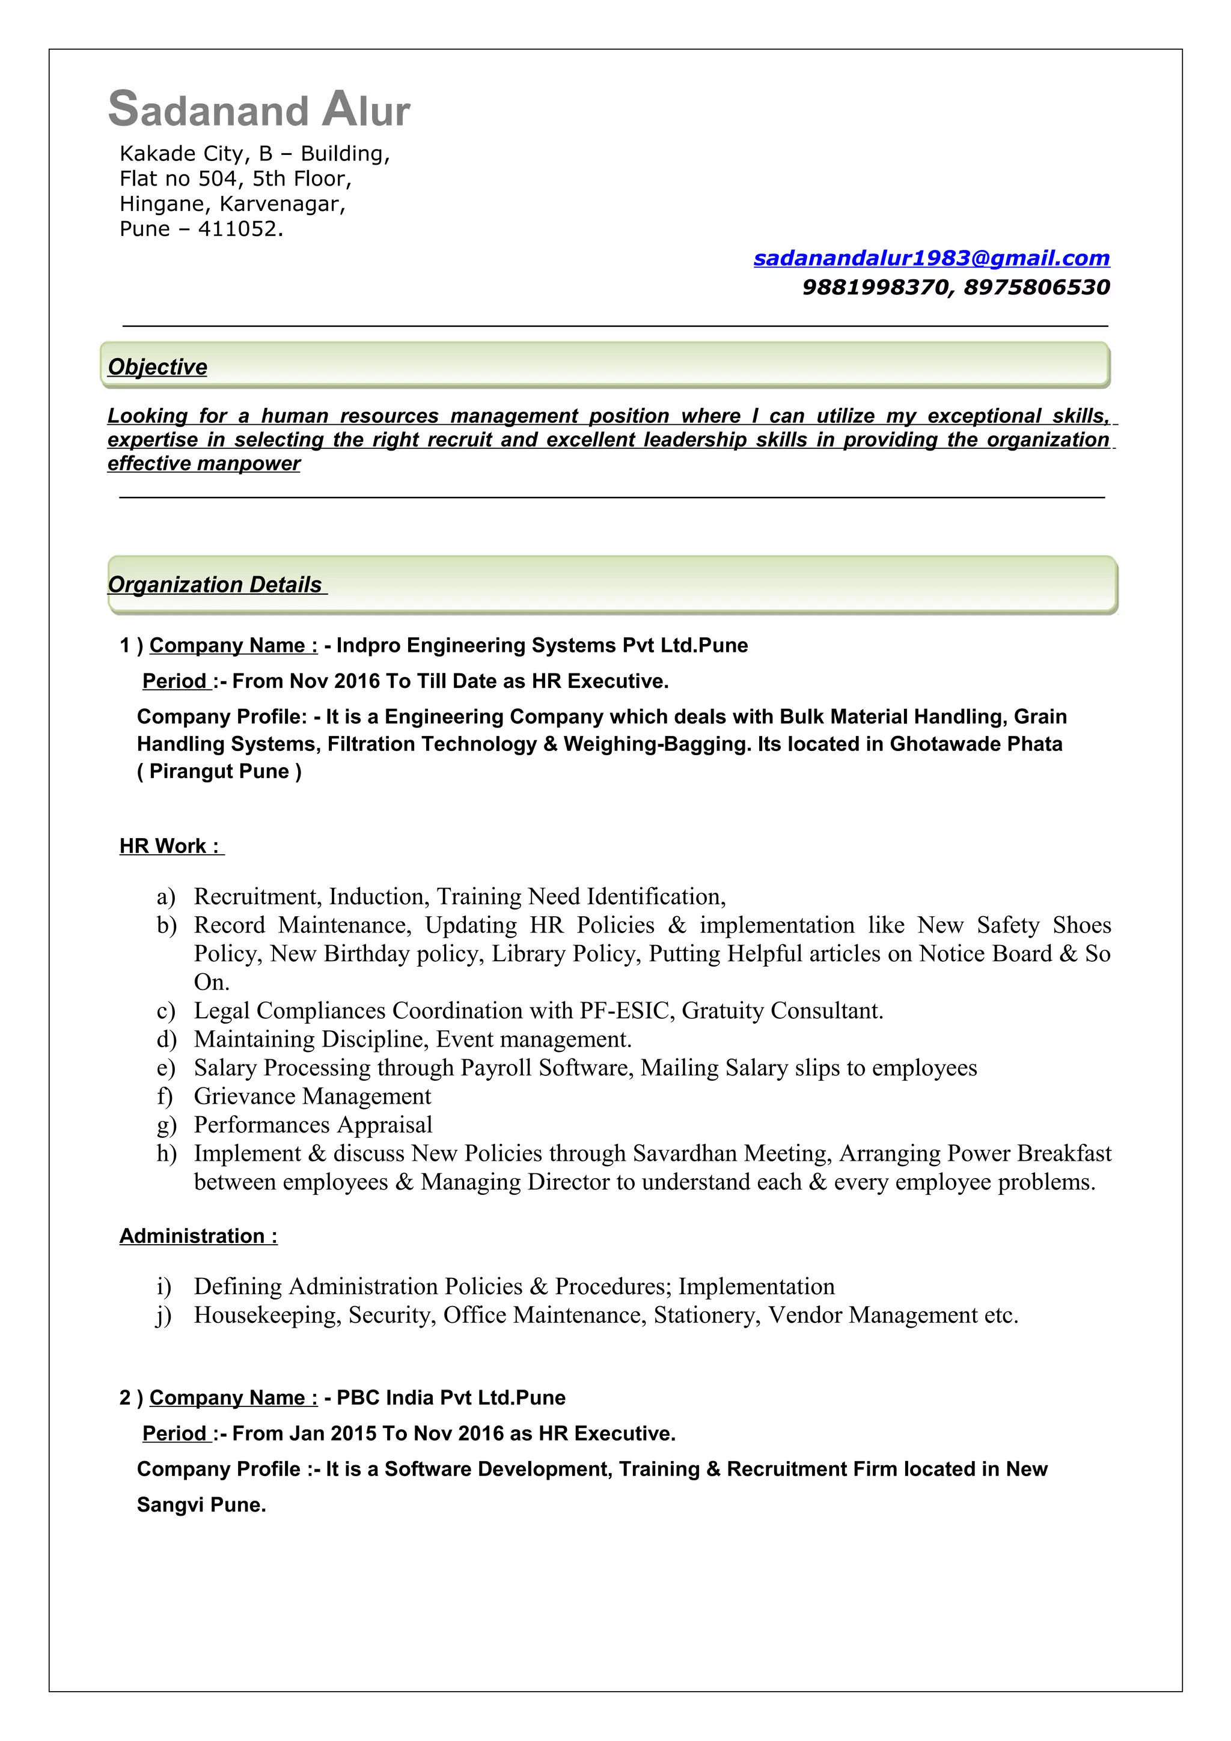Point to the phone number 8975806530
point(1037,287)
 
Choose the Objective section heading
point(157,367)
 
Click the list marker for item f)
point(165,1096)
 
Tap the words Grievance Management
point(313,1096)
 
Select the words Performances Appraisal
point(313,1125)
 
